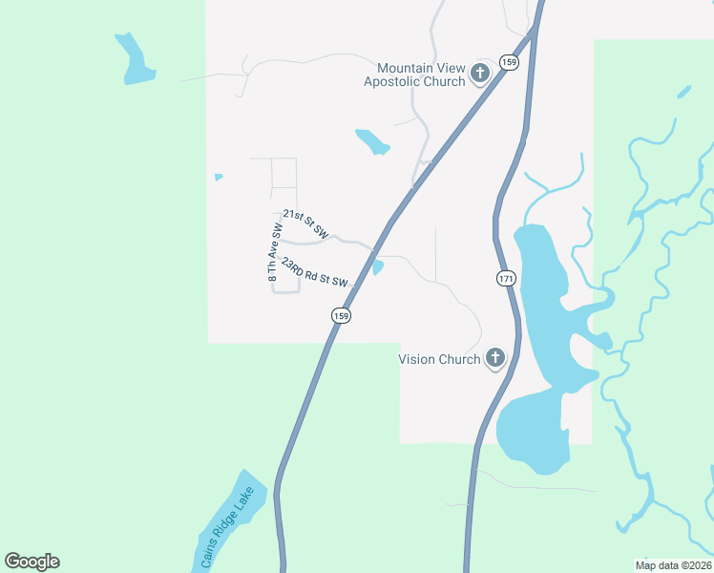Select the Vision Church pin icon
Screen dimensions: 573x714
[494, 358]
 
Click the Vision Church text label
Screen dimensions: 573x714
[439, 360]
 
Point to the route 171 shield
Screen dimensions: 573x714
[506, 278]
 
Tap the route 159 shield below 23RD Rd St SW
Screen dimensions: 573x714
[341, 314]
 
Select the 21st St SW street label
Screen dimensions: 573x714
[305, 225]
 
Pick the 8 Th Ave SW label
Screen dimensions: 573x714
[275, 252]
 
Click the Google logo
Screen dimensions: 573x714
[32, 562]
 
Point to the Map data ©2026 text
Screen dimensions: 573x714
[673, 564]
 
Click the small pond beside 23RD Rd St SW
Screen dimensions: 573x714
[378, 267]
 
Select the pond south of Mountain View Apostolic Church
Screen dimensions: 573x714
[372, 141]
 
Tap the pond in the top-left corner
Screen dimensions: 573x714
[135, 60]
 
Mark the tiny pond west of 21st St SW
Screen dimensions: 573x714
[219, 177]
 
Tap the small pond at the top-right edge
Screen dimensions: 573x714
[683, 93]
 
